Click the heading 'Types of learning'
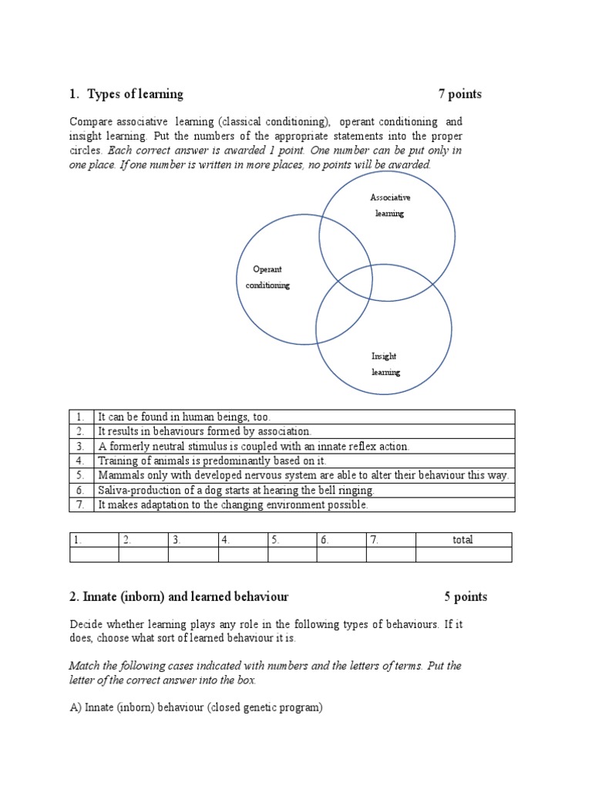click(x=135, y=94)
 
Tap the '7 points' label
click(x=459, y=94)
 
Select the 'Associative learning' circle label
click(x=390, y=206)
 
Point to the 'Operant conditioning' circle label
click(x=267, y=278)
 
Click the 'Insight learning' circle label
click(x=385, y=364)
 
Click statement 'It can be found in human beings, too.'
click(x=184, y=417)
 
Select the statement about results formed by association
click(x=204, y=431)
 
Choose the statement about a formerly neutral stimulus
click(x=254, y=446)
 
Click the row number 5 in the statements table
click(x=81, y=475)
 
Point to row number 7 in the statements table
click(x=81, y=505)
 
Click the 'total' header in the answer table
click(x=462, y=540)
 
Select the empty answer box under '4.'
click(x=243, y=555)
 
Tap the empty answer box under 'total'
click(x=462, y=555)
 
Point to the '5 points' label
click(x=466, y=596)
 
